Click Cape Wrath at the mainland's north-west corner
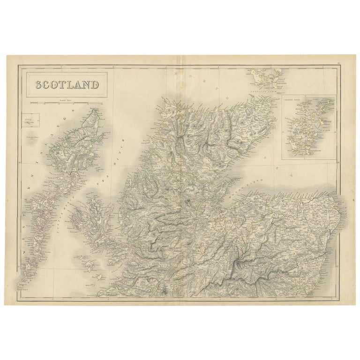click(x=165, y=99)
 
